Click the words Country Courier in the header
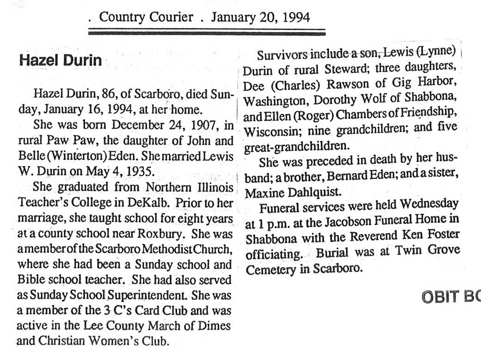click(146, 18)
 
